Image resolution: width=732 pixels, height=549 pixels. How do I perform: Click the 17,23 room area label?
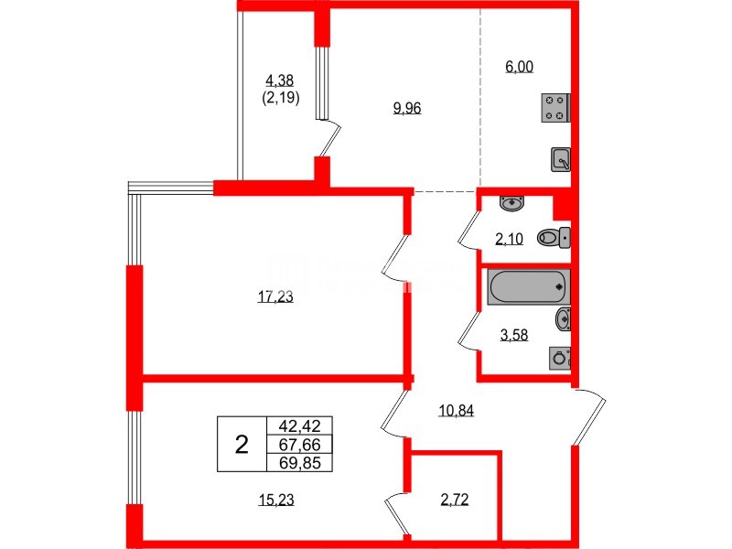click(x=277, y=296)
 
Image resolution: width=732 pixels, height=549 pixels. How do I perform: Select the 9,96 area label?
click(x=406, y=108)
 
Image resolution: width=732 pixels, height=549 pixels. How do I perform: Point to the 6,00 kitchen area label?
click(x=519, y=66)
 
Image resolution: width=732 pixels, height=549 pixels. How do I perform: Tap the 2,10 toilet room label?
click(x=509, y=240)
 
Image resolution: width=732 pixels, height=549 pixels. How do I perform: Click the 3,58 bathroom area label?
click(x=515, y=336)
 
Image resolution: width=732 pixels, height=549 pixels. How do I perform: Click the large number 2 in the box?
click(x=242, y=445)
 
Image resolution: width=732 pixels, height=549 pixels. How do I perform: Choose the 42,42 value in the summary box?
click(x=299, y=425)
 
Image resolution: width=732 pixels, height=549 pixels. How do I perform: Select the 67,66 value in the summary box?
click(x=299, y=444)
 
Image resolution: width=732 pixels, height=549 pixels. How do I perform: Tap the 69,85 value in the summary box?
click(x=299, y=462)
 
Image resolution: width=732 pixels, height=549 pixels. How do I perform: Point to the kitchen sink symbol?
click(x=561, y=159)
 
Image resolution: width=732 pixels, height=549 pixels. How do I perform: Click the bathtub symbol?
click(x=529, y=286)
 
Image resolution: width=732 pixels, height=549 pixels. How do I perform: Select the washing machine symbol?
click(x=559, y=358)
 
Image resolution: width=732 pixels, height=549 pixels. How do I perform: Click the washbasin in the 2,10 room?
click(x=511, y=202)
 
